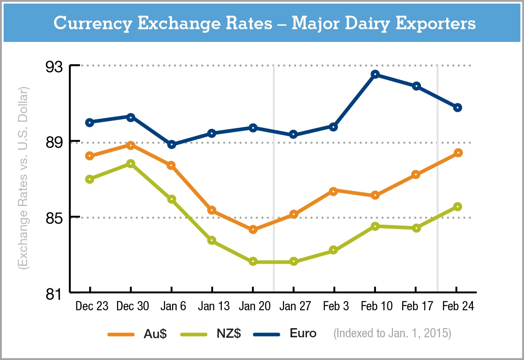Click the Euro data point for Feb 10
(375, 74)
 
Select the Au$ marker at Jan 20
(253, 230)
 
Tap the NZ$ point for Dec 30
(131, 164)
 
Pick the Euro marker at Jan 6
(172, 144)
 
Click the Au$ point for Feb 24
(458, 153)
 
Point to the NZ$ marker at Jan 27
(293, 261)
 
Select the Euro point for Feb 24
(458, 108)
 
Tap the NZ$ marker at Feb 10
(375, 226)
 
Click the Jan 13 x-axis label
(214, 306)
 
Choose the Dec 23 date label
(92, 306)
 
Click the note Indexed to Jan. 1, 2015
(392, 334)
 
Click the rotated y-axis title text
(23, 179)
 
